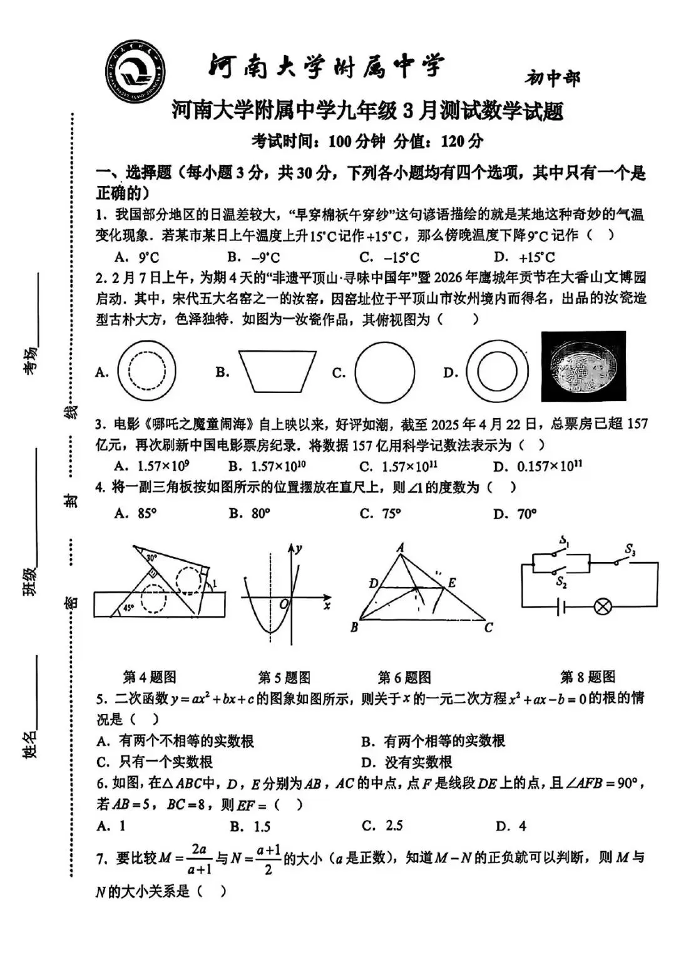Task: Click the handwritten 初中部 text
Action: click(x=552, y=78)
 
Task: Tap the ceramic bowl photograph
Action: click(x=583, y=367)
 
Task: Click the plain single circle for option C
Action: click(x=384, y=372)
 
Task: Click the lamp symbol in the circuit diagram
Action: click(x=602, y=606)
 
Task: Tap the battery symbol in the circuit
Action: click(x=561, y=606)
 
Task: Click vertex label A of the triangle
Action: click(x=400, y=548)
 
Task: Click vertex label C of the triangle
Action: click(x=488, y=627)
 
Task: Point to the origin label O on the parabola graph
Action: click(x=284, y=604)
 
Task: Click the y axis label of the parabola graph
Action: click(x=300, y=549)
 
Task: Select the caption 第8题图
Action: click(x=587, y=677)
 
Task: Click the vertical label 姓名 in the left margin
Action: click(x=29, y=743)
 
